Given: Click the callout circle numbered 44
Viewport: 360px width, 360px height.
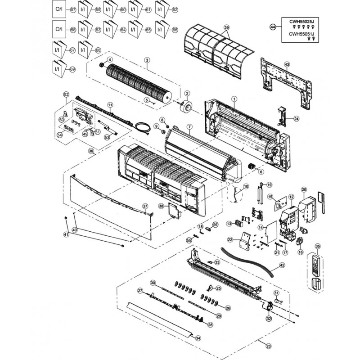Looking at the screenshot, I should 272,27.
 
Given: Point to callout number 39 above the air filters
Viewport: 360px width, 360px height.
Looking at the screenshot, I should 227,28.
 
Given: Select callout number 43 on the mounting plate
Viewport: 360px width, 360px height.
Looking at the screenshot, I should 287,64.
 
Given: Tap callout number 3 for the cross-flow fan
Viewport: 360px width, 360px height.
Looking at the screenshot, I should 147,60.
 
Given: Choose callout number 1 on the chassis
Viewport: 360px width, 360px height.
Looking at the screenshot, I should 234,99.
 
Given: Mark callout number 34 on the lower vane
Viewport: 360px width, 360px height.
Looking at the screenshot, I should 198,338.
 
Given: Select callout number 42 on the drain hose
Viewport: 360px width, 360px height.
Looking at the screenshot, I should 283,265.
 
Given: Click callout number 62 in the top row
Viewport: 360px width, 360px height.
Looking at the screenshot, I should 175,9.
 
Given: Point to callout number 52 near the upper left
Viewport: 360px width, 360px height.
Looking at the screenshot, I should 66,94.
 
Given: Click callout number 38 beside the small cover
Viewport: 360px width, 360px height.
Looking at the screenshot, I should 161,206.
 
